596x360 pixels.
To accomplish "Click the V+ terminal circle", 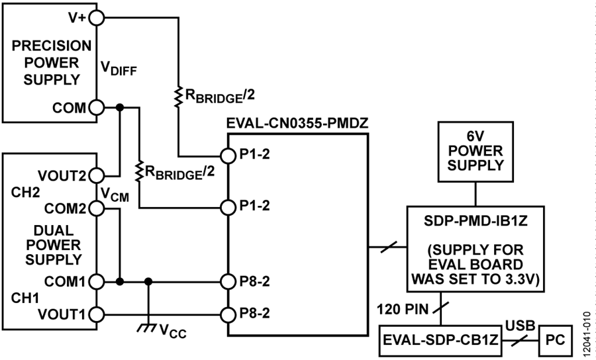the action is (x=97, y=17).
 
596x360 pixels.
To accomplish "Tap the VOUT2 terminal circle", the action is (x=97, y=176).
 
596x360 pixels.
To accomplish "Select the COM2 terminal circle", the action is (x=97, y=208).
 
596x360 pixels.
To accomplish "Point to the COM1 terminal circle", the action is (x=97, y=282).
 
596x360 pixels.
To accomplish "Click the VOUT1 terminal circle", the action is (x=97, y=314).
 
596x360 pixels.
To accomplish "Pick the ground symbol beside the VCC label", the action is (x=147, y=328).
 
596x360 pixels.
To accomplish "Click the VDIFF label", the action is (x=119, y=68).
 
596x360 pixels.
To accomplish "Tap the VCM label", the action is (x=115, y=195).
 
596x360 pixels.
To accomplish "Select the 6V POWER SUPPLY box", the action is (x=475, y=152).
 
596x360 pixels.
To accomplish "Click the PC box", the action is (x=556, y=340).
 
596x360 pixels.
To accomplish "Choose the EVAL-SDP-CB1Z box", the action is (x=440, y=340).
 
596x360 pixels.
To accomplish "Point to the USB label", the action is (x=521, y=326).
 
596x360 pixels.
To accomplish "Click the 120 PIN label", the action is (x=402, y=310).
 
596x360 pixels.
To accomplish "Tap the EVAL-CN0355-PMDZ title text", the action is (x=297, y=123).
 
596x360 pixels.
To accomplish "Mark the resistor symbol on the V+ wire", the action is (x=178, y=97).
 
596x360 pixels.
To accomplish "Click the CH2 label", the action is (x=25, y=193).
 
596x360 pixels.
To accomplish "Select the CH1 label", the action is (x=25, y=298).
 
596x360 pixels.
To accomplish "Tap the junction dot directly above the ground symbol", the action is (x=148, y=282).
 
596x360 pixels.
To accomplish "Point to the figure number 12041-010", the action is (x=587, y=333).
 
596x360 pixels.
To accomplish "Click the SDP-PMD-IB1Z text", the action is (x=475, y=220).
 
